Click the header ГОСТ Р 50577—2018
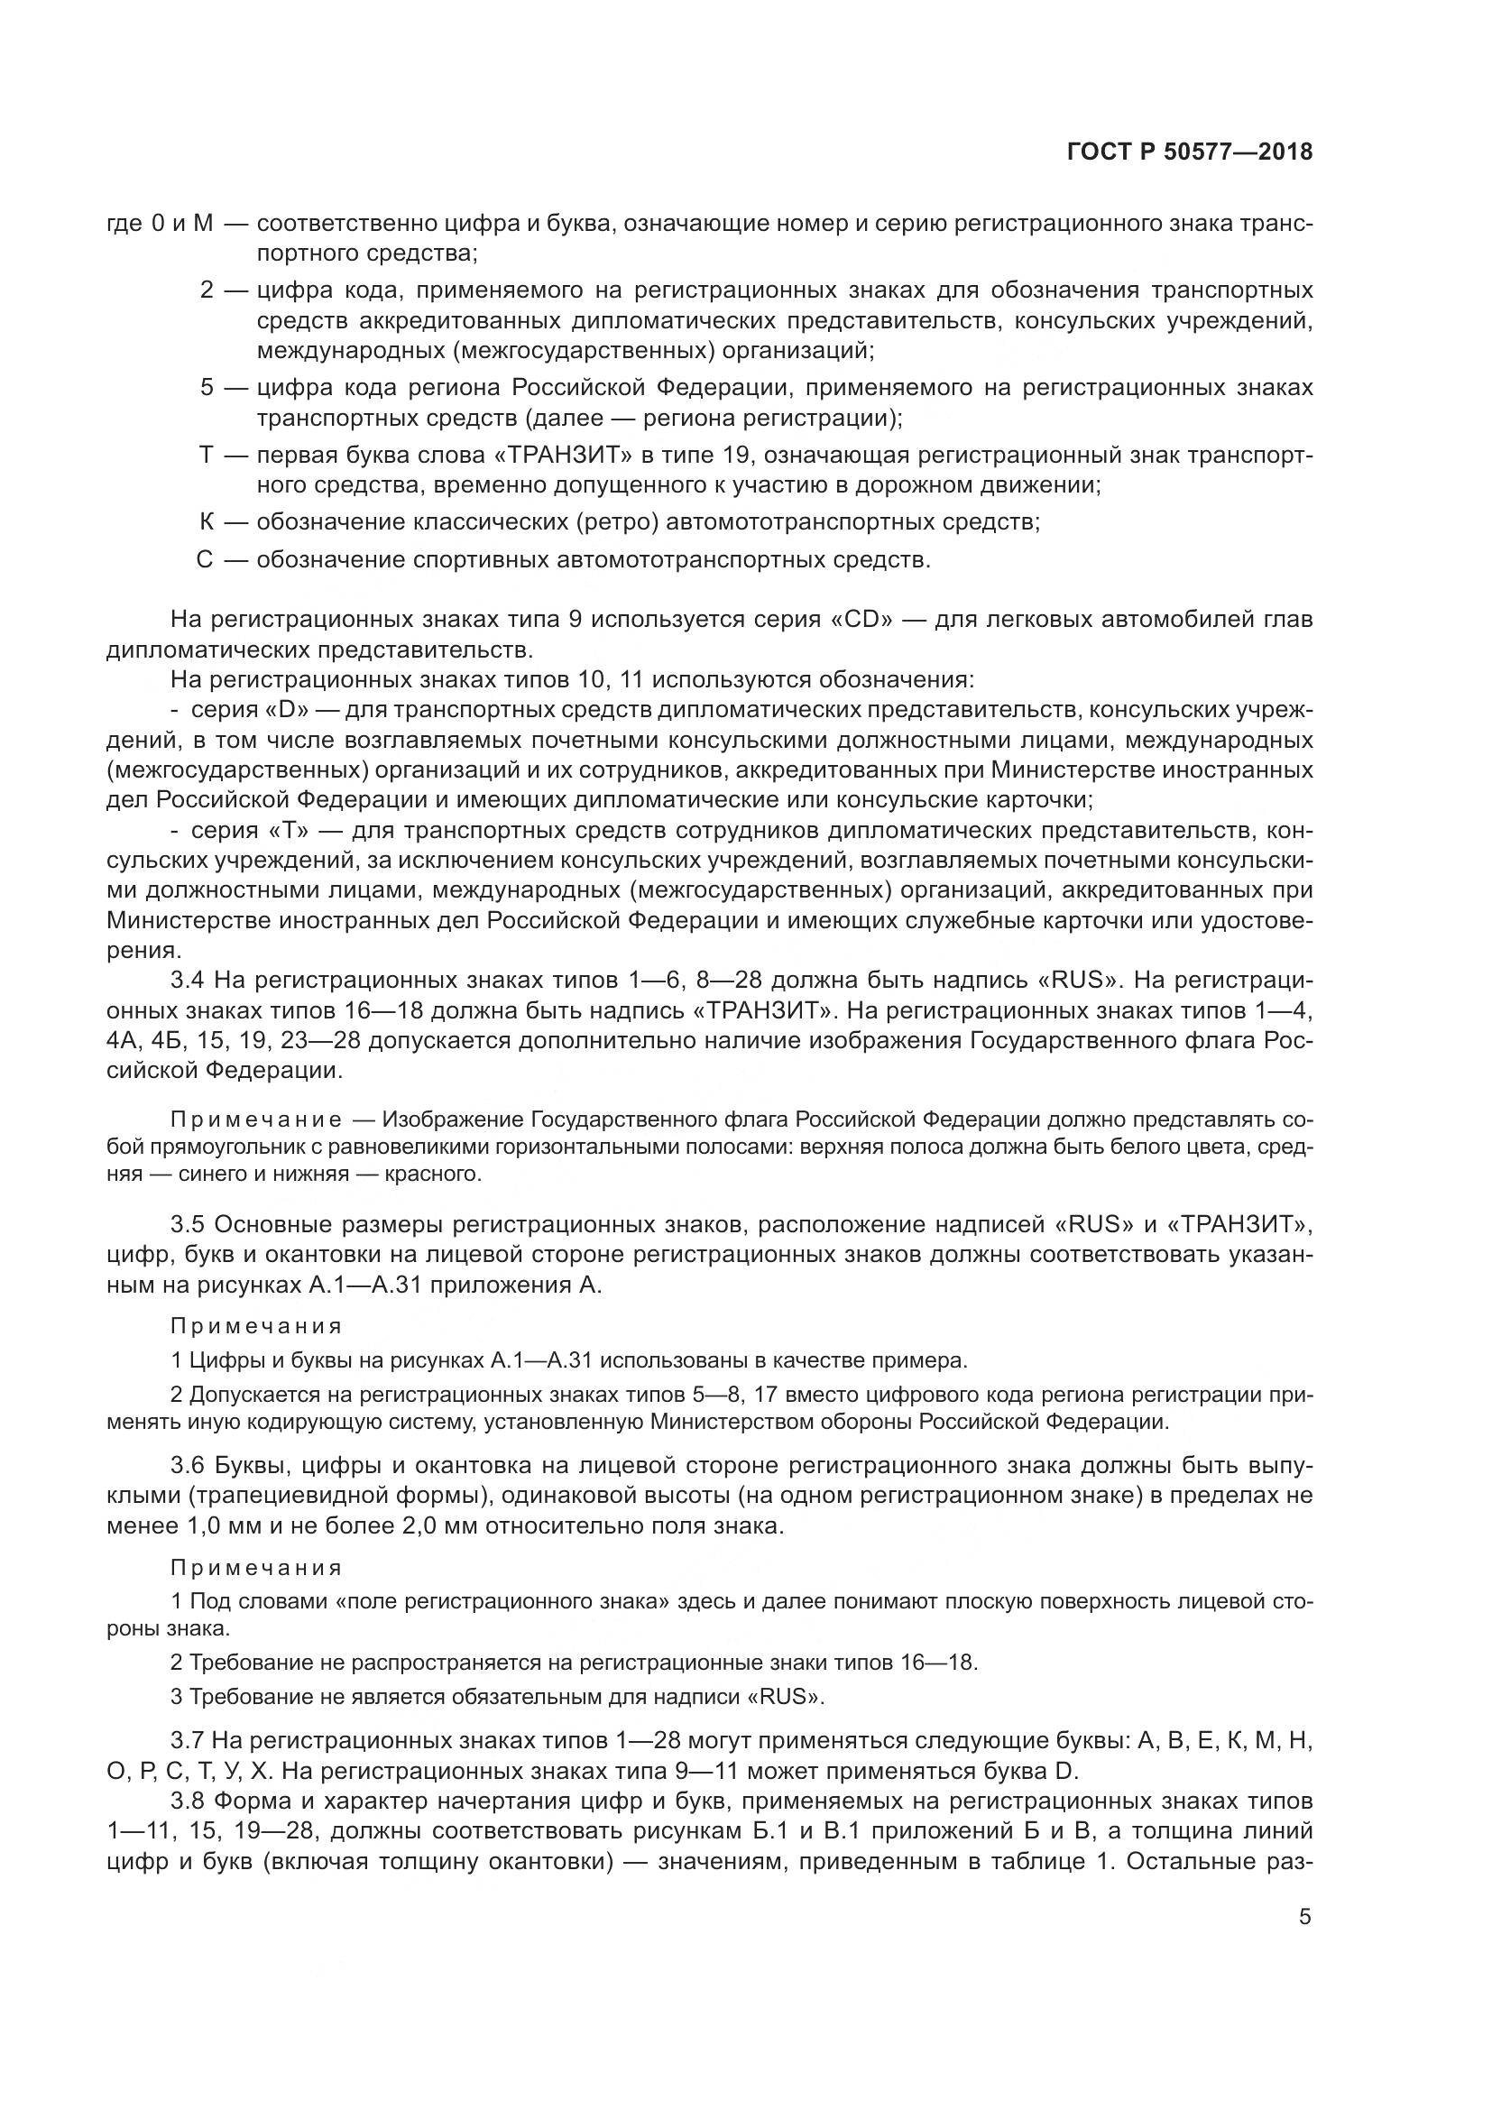click(1189, 152)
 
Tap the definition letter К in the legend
click(207, 522)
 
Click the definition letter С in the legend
click(205, 559)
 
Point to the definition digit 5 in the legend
click(207, 388)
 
